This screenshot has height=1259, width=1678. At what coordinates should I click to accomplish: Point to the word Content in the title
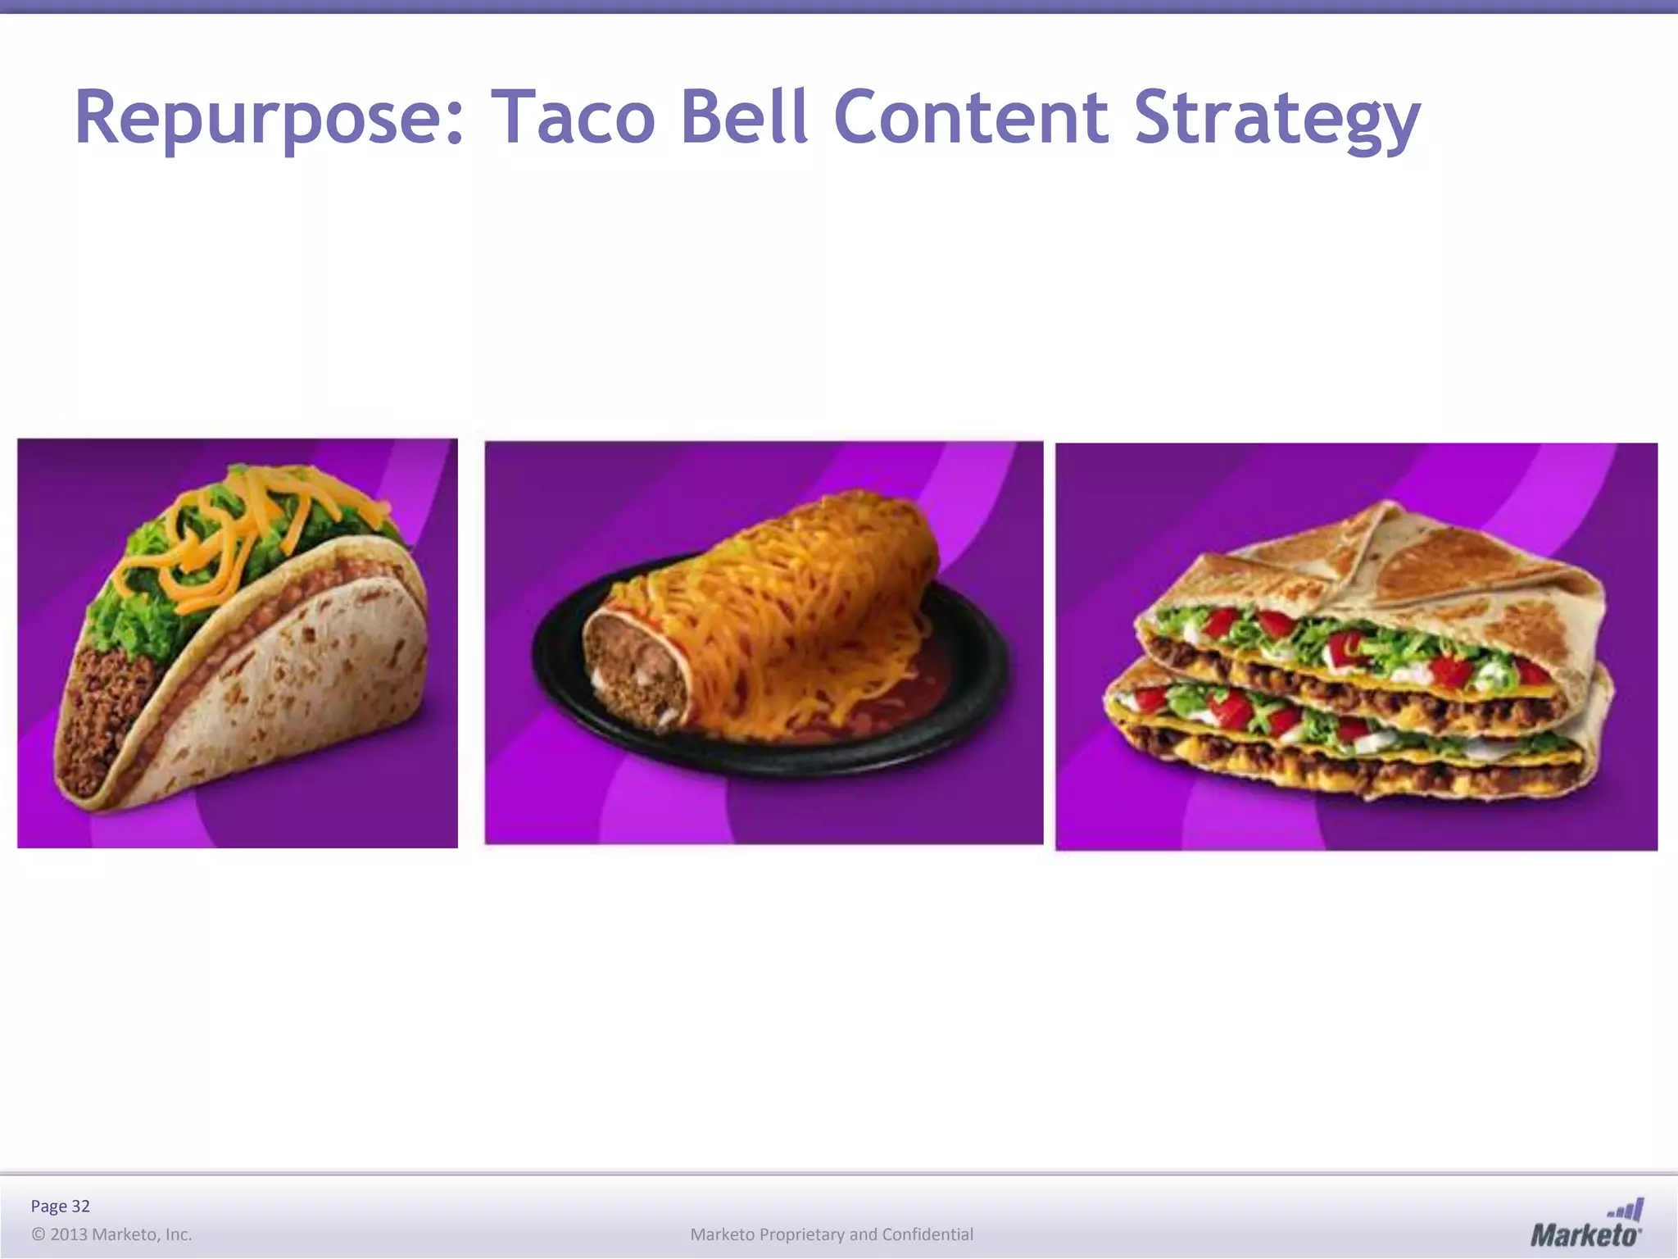pos(971,119)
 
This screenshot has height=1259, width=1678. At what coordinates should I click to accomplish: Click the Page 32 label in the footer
pos(60,1206)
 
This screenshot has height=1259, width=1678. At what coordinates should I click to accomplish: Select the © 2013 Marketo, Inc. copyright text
pos(111,1234)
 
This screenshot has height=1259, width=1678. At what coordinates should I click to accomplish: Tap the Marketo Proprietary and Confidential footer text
pos(832,1234)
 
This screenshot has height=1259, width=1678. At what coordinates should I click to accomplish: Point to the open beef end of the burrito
pos(631,672)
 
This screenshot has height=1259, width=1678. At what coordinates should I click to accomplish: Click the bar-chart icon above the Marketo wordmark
pos(1626,1208)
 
